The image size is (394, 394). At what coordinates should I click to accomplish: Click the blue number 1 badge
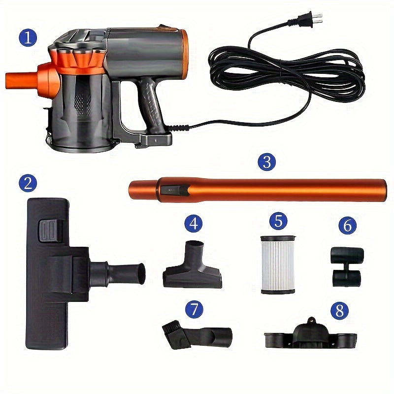click(28, 37)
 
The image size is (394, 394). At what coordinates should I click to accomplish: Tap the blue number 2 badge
click(28, 183)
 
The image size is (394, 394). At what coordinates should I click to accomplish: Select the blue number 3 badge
click(266, 162)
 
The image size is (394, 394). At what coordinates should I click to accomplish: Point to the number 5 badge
click(278, 221)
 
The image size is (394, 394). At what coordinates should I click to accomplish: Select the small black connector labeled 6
click(347, 266)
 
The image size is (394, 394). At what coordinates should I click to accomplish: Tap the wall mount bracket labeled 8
click(310, 335)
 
